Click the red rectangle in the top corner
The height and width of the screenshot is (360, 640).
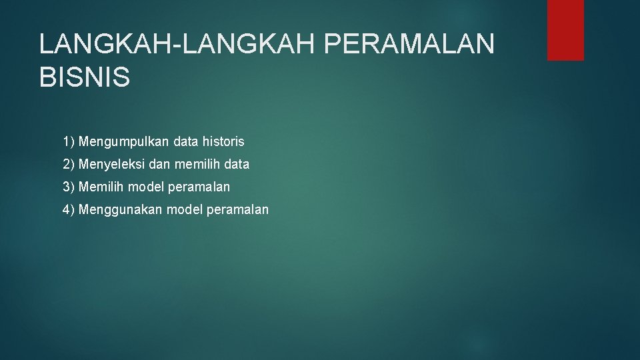click(x=565, y=30)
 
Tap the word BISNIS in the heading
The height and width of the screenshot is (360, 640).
click(x=85, y=77)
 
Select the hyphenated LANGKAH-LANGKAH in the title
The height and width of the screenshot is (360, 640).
click(x=177, y=45)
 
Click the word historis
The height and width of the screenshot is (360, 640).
click(x=223, y=142)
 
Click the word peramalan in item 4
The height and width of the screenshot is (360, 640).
click(x=238, y=210)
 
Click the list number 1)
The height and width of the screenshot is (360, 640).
click(x=69, y=142)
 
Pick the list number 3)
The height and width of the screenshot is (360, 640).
click(x=69, y=187)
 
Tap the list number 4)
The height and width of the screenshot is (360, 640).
click(x=69, y=209)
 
